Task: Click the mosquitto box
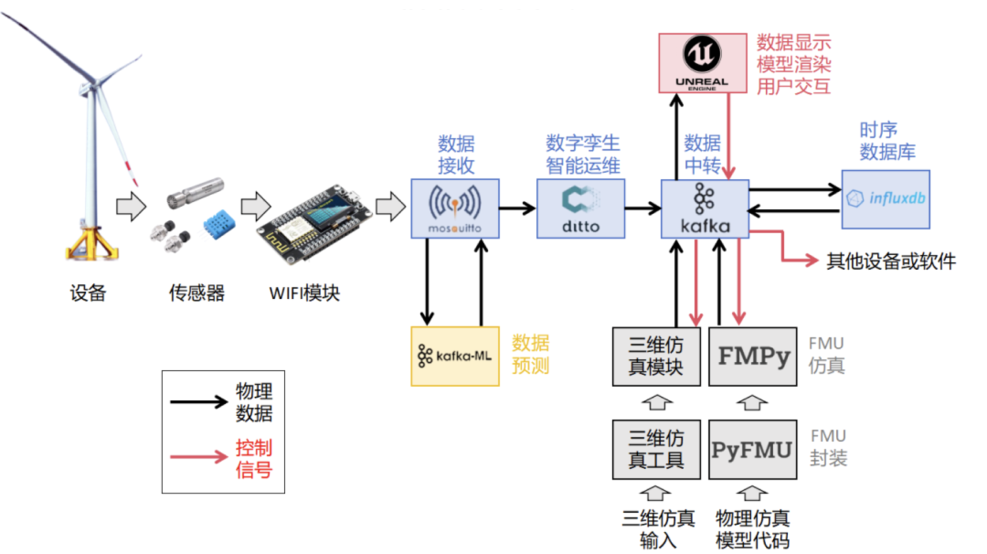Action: [455, 208]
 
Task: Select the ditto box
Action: [581, 208]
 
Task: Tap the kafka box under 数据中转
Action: [705, 208]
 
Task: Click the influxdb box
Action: [885, 198]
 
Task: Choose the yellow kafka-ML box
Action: [455, 356]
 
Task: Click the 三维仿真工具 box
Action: [656, 449]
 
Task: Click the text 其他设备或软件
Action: [891, 261]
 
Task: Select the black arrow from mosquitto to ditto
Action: [518, 208]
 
